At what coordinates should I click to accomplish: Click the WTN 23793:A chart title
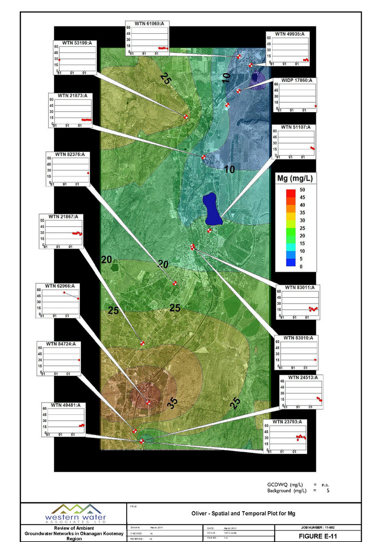coord(287,422)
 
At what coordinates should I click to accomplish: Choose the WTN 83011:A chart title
coord(299,288)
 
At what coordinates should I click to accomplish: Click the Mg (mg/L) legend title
coord(295,179)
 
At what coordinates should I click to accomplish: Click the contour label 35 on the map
coord(172,404)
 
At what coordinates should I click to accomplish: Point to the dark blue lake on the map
coord(212,209)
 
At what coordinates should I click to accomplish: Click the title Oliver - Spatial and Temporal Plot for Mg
coord(247,514)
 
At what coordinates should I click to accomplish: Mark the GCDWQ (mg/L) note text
coord(285,484)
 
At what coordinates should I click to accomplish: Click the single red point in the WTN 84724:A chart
coord(79,360)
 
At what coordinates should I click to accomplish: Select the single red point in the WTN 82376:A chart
coord(88,173)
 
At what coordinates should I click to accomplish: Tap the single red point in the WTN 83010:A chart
coord(315,359)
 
